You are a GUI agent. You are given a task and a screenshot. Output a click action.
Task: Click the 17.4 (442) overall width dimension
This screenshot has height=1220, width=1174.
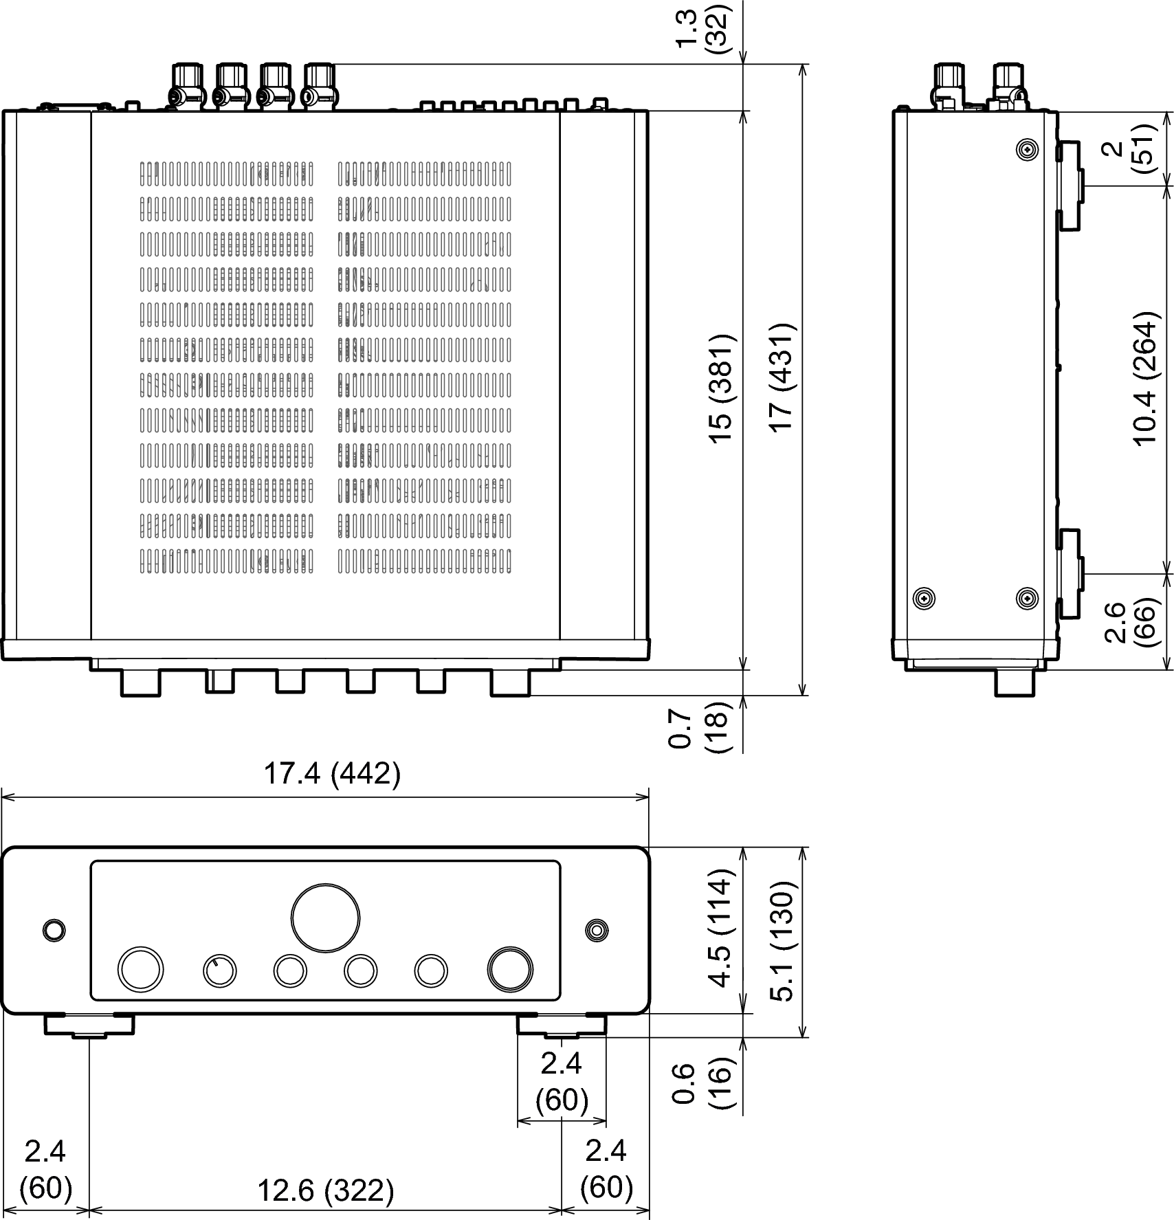tap(332, 775)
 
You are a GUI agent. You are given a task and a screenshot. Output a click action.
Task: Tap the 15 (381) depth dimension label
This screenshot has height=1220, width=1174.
tap(722, 389)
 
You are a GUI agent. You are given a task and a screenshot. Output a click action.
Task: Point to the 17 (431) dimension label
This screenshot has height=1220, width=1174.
tap(782, 377)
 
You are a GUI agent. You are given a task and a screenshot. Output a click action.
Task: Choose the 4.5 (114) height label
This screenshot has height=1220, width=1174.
tap(722, 929)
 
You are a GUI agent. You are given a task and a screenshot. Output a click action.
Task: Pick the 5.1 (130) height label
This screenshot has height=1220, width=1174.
tap(782, 941)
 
